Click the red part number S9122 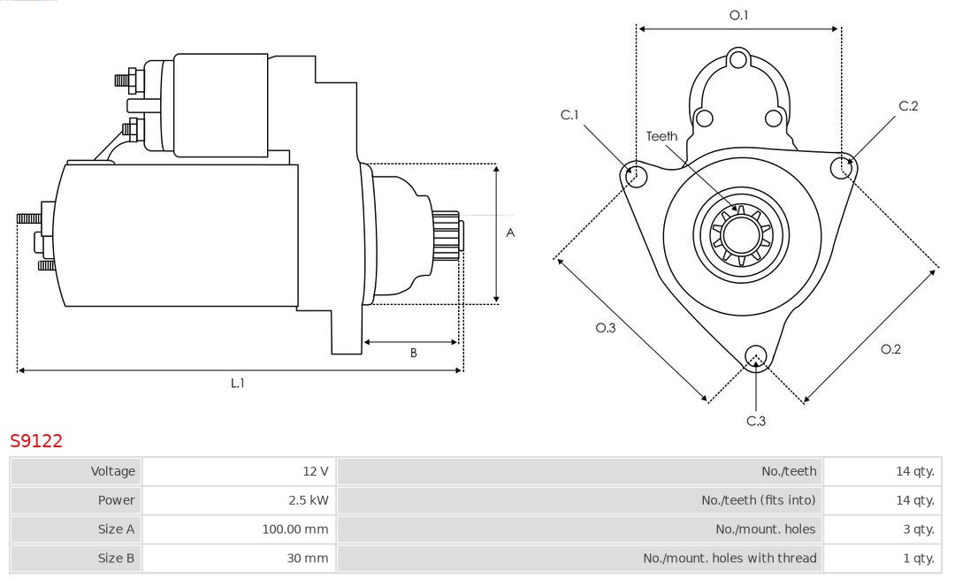coord(36,441)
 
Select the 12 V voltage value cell coord(239,471)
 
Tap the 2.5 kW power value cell coord(239,500)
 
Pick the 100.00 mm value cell coord(239,529)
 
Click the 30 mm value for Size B coord(239,558)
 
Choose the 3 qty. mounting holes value coord(882,529)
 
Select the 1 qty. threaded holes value coord(882,558)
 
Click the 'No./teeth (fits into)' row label coord(758,500)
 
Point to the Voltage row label coord(113,471)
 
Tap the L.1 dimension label coord(238,383)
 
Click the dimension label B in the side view coord(413,353)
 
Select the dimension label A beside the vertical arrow coord(510,232)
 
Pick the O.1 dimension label coord(738,15)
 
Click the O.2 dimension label coord(890,349)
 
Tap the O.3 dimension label coord(605,328)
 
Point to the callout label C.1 coord(569,115)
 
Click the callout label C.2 coord(908,106)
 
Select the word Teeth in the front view coord(661,136)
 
